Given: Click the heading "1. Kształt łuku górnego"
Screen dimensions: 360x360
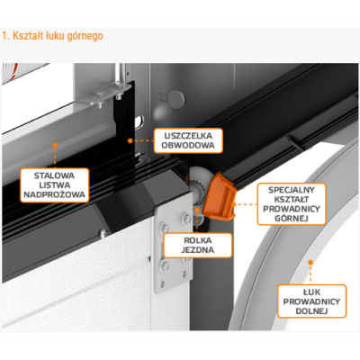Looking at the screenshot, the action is (x=52, y=36).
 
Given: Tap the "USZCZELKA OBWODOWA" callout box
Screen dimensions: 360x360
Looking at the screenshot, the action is (x=188, y=140).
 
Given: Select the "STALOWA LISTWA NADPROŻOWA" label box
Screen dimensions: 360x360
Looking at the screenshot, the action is (x=55, y=185).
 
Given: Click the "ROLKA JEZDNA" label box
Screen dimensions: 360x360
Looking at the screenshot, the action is (x=198, y=245).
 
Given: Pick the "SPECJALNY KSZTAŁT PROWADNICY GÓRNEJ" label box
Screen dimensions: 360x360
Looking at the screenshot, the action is (x=292, y=204).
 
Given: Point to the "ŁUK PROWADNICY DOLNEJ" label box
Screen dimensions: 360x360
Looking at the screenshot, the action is (x=311, y=301).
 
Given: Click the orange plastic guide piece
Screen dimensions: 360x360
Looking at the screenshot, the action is (x=220, y=197).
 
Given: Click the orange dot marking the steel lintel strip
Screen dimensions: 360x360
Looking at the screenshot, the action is (x=55, y=145).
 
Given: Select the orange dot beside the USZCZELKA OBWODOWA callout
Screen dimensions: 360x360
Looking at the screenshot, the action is (x=130, y=140).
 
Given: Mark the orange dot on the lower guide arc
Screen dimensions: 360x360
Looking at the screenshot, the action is (x=310, y=263).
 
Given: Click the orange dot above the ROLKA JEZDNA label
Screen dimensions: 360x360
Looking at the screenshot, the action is (x=197, y=210).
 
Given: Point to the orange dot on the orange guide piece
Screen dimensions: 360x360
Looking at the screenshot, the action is (x=234, y=204).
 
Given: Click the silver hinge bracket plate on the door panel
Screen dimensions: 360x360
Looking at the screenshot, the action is (x=174, y=242).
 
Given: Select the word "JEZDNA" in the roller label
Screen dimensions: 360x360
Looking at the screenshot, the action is (x=198, y=250).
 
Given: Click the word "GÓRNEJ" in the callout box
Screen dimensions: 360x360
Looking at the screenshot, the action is (x=292, y=219).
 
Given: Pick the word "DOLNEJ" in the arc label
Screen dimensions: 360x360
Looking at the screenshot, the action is (x=311, y=311).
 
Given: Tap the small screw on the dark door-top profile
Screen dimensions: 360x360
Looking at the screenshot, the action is (x=103, y=232).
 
